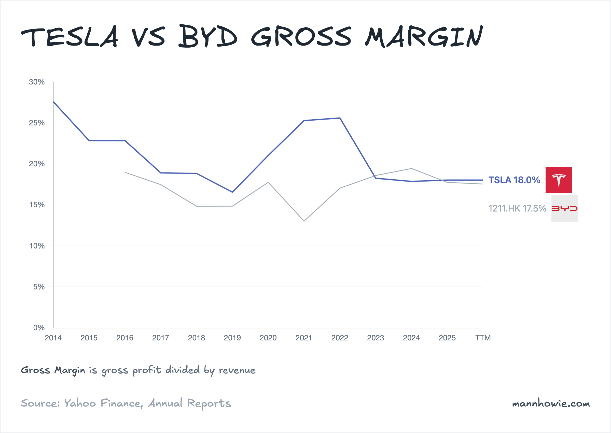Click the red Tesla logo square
pyautogui.click(x=559, y=180)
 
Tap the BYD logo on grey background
pyautogui.click(x=564, y=209)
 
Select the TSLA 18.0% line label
pyautogui.click(x=514, y=180)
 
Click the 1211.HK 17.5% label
pyautogui.click(x=517, y=209)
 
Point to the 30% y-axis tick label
pyautogui.click(x=37, y=82)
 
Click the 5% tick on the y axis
pyautogui.click(x=39, y=287)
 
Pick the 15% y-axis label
pyautogui.click(x=37, y=205)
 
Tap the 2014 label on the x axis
pyautogui.click(x=53, y=338)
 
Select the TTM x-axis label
pyautogui.click(x=483, y=338)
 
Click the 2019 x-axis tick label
pyautogui.click(x=232, y=338)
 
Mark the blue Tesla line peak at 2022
pyautogui.click(x=340, y=118)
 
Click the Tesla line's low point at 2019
pyautogui.click(x=232, y=192)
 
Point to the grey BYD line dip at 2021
pyautogui.click(x=304, y=221)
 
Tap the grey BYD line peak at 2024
pyautogui.click(x=411, y=168)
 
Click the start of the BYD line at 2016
pyautogui.click(x=125, y=172)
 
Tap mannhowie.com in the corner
pyautogui.click(x=551, y=403)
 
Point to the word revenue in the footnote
pyautogui.click(x=237, y=370)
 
